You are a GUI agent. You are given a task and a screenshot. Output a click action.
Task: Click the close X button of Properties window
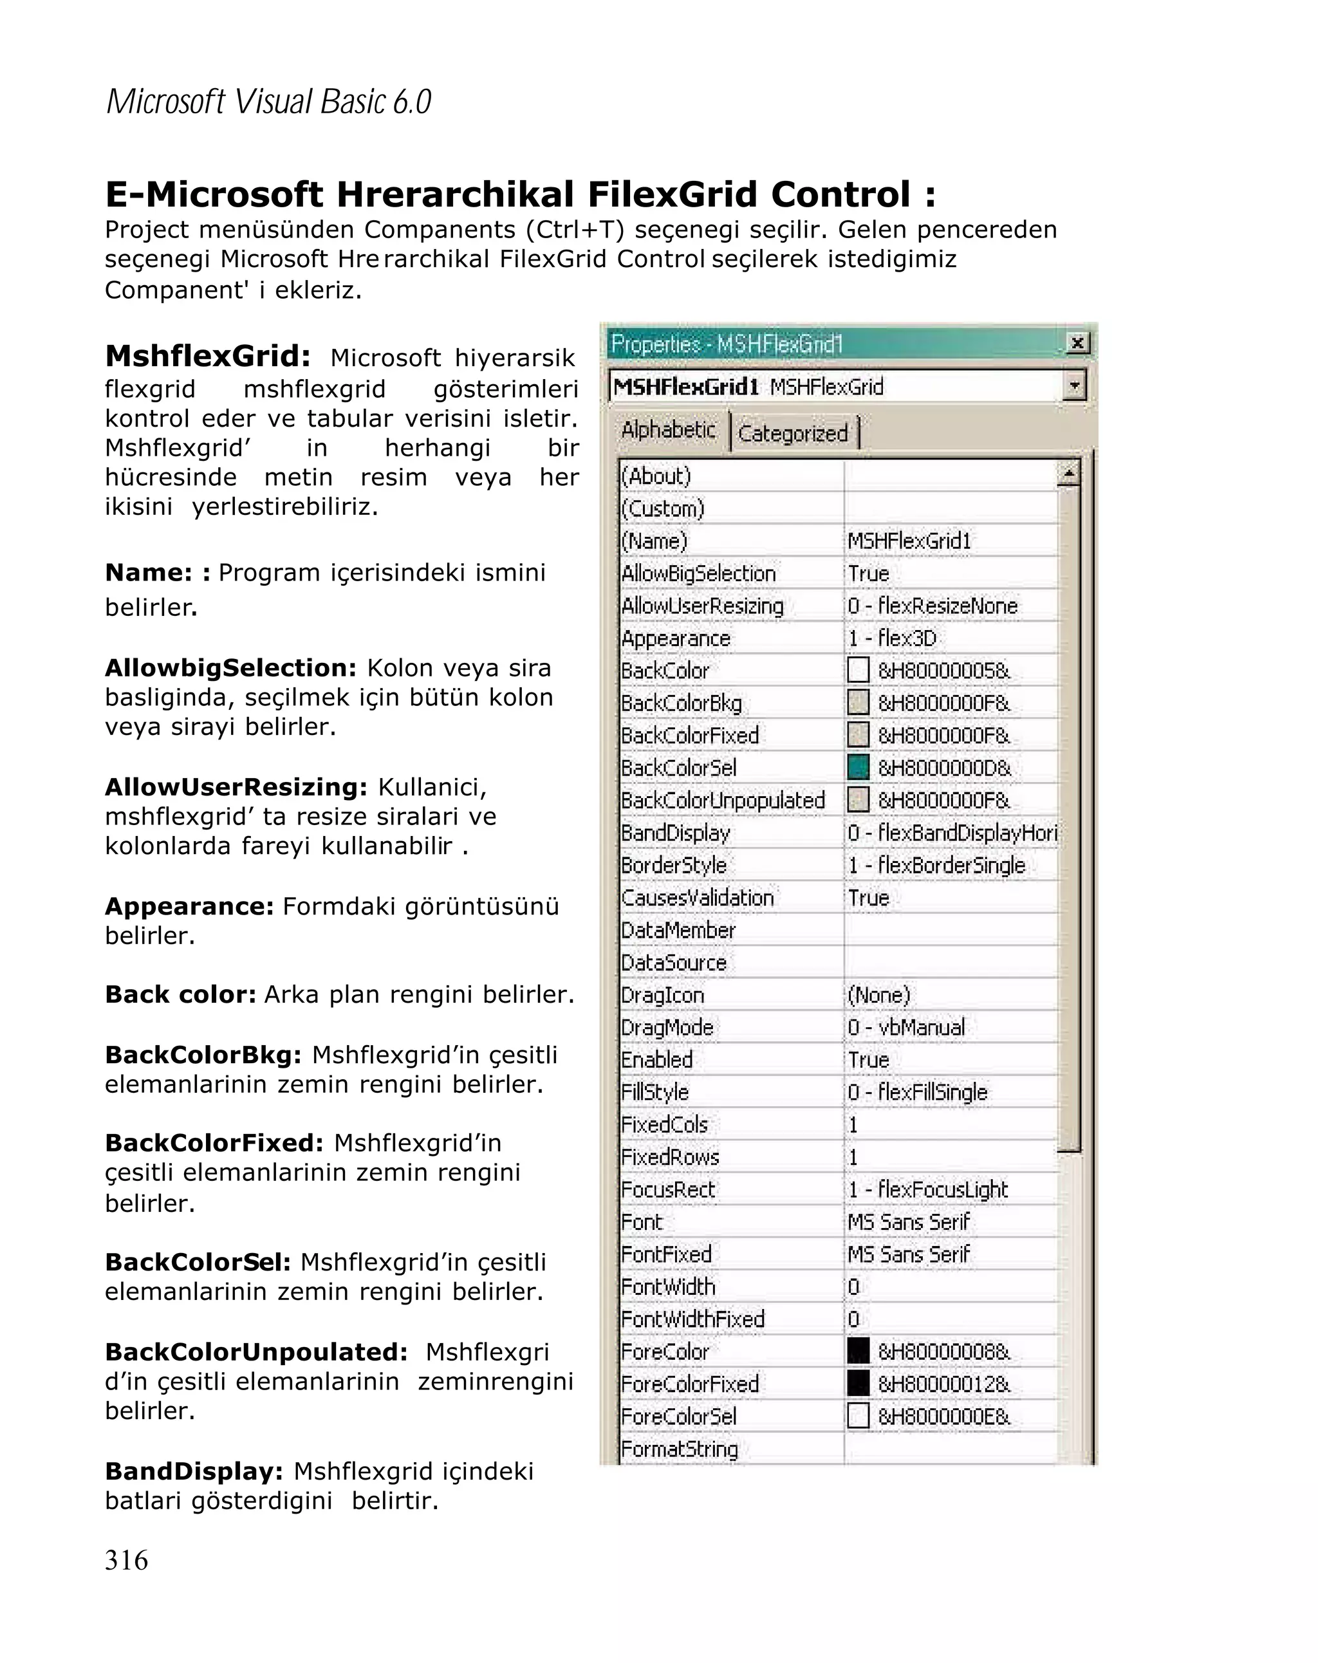coord(1077,342)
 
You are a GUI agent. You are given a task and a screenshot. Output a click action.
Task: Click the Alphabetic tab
coord(668,430)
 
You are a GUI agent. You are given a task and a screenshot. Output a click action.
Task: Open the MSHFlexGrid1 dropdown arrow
coord(1073,385)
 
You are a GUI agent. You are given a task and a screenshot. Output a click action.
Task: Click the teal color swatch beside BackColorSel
coord(858,768)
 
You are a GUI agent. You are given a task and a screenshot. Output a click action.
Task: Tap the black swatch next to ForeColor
coord(858,1351)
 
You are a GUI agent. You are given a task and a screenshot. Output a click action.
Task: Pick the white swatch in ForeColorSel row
coord(858,1415)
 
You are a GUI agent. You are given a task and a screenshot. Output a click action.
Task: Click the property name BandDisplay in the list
coord(675,833)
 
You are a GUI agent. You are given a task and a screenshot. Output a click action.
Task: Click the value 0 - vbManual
coord(905,1027)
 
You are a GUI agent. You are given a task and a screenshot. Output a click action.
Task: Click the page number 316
coord(127,1561)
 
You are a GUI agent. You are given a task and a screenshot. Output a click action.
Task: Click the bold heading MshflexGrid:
coord(207,357)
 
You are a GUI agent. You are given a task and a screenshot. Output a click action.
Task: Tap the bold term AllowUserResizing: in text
coord(236,788)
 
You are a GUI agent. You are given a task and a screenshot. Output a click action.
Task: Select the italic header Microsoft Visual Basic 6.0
coord(268,102)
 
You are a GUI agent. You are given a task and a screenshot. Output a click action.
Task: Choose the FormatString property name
coord(679,1449)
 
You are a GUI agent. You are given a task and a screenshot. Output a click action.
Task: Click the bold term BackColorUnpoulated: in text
coord(256,1352)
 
